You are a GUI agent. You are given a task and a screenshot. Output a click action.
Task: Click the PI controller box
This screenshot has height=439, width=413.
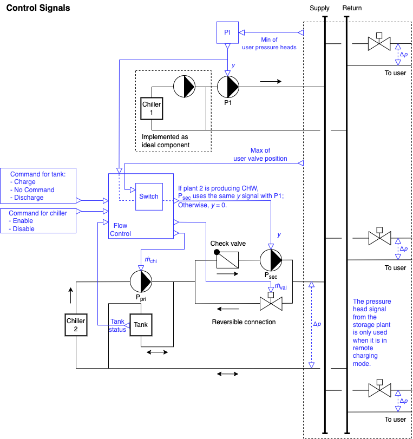227,32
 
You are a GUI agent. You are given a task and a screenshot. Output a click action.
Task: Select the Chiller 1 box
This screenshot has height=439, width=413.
152,108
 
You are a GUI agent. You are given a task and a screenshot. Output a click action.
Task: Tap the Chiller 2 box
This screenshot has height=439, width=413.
76,325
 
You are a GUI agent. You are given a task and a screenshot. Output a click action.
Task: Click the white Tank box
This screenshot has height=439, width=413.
141,325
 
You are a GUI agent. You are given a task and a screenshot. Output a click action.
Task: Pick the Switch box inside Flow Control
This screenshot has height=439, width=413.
149,196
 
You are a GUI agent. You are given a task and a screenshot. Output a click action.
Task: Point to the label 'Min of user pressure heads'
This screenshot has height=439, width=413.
269,43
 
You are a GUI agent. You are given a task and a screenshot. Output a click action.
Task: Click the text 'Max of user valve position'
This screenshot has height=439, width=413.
260,154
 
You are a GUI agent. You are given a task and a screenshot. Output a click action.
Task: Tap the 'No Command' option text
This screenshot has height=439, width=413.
34,190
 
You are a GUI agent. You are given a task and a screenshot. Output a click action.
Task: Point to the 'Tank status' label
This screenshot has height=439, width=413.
117,325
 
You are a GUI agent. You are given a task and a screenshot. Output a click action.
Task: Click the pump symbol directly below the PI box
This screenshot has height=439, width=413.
228,87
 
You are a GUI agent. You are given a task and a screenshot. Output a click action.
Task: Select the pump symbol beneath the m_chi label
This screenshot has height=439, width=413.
141,281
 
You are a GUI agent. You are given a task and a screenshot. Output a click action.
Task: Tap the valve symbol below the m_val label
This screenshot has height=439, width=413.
271,304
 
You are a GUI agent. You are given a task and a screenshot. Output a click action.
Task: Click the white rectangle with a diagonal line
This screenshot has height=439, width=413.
227,260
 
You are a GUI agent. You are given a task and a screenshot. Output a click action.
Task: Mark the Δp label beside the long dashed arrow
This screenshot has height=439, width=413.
317,324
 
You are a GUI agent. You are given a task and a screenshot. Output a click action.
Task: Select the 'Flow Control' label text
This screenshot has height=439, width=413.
120,229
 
